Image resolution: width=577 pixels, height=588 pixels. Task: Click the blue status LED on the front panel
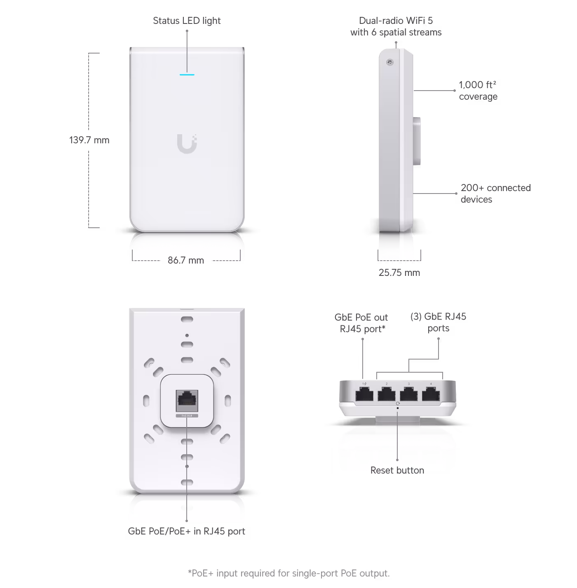point(187,75)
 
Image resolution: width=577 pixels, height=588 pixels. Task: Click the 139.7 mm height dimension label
point(89,140)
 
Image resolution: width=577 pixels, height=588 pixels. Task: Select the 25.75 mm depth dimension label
point(399,273)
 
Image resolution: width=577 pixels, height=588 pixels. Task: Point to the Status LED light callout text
point(187,21)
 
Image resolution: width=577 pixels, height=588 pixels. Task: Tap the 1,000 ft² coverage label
point(478,91)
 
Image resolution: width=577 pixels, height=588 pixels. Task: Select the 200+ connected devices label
point(495,194)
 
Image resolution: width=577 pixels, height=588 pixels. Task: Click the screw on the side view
point(389,63)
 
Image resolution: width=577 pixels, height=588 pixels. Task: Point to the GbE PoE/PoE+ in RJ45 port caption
point(187,531)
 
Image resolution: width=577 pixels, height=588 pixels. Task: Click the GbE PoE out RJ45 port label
point(361,323)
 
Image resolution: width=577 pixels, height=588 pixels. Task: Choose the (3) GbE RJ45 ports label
point(438,322)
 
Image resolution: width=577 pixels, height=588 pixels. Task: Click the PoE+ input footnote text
point(288,573)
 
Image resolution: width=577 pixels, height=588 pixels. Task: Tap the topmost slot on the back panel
point(187,319)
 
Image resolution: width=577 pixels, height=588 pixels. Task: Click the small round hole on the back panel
point(187,336)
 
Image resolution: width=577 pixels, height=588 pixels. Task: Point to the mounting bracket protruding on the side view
point(418,140)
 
